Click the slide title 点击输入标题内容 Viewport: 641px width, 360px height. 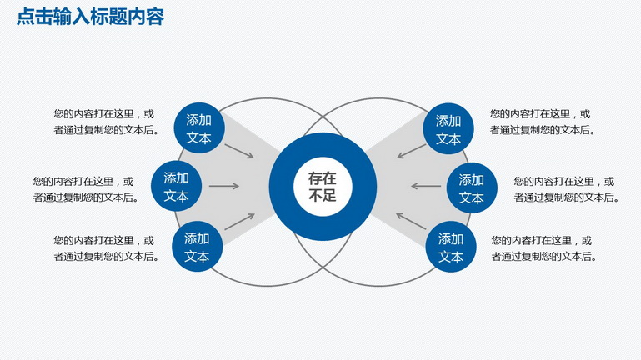[x=90, y=17]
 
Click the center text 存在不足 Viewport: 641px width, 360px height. [x=323, y=187]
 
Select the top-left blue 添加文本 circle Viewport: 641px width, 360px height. [x=199, y=127]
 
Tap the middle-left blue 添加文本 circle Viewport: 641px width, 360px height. [x=176, y=187]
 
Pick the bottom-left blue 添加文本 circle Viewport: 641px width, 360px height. [x=197, y=247]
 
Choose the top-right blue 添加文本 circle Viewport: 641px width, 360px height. [x=448, y=128]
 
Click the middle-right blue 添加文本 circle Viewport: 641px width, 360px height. [x=472, y=188]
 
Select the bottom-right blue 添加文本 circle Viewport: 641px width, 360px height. [x=451, y=247]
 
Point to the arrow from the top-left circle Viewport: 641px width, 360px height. [x=239, y=151]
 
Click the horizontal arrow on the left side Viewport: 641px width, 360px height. [x=224, y=187]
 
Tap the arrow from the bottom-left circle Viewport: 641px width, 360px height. [x=239, y=222]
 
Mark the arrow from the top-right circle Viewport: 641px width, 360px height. [x=411, y=151]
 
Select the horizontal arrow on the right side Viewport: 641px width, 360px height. [x=426, y=187]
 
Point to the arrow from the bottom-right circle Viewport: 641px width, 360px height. [x=411, y=221]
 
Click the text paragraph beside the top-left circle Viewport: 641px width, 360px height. [x=107, y=122]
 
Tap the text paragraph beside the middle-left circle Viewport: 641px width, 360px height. [x=86, y=189]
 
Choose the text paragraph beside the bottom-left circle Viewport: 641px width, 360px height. [x=107, y=248]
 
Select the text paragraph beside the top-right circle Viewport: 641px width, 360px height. [x=543, y=122]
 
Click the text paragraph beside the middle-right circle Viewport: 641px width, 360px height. [x=567, y=189]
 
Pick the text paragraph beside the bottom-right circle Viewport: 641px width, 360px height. [x=544, y=248]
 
